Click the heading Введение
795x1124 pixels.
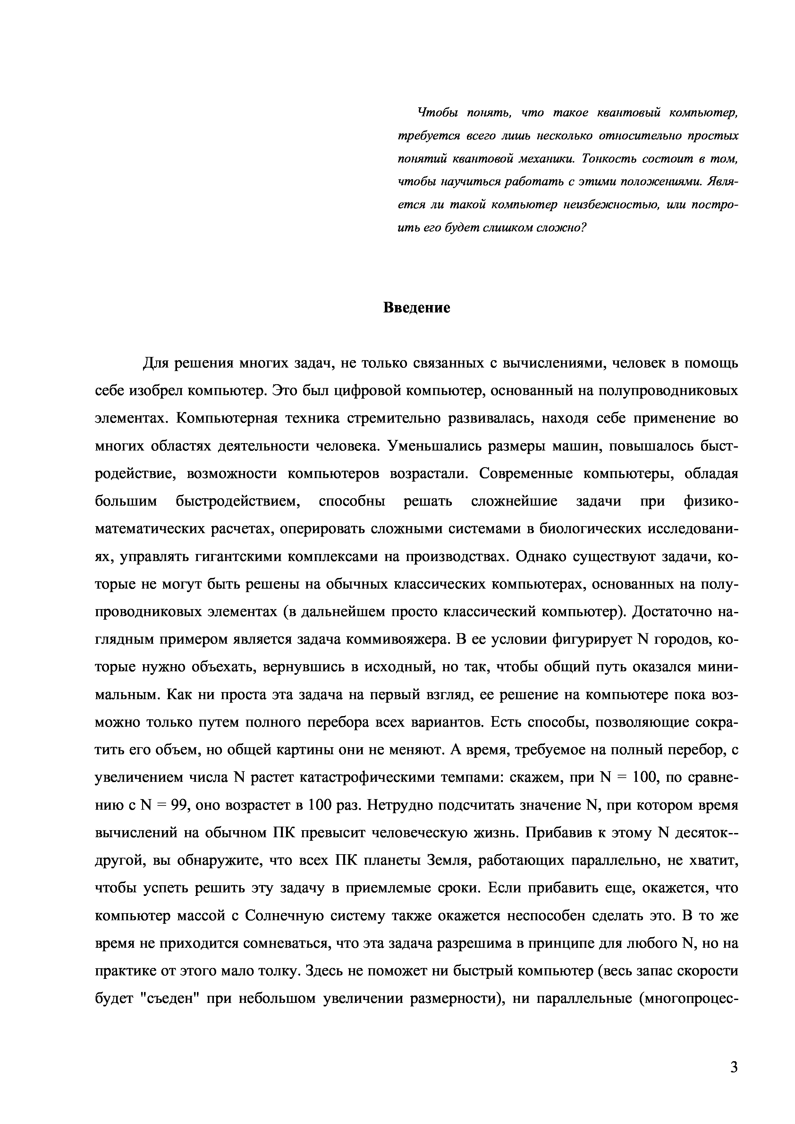[416, 308]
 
